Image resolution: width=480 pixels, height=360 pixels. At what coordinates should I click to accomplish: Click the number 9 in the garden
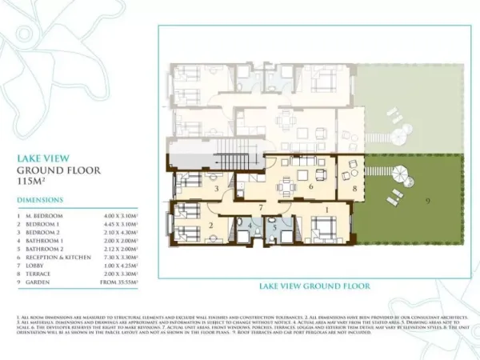[x=427, y=198]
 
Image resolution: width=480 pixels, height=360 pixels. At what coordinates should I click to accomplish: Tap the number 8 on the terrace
[x=354, y=190]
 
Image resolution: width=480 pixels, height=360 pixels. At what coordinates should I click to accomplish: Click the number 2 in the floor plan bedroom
[x=210, y=226]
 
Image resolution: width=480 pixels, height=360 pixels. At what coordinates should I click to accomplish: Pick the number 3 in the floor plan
[x=217, y=189]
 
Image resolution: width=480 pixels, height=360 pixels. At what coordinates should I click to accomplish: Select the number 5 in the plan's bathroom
[x=274, y=227]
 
